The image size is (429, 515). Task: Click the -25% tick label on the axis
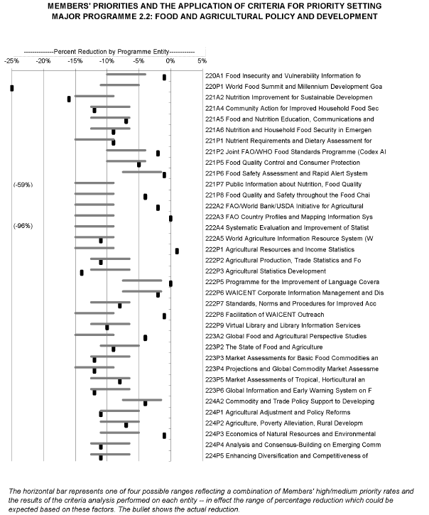click(11, 61)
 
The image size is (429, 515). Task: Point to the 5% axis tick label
click(202, 61)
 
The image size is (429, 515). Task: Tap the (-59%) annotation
click(23, 185)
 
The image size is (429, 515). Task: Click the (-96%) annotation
click(23, 226)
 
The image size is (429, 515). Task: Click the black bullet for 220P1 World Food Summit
click(12, 88)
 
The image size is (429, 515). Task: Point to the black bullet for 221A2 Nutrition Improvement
click(69, 99)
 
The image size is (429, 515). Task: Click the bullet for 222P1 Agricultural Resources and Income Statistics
click(177, 251)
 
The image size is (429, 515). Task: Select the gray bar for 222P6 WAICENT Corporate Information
click(142, 291)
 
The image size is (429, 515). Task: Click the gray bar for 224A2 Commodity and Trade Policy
click(142, 400)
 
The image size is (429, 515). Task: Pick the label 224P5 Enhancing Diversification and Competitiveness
click(286, 455)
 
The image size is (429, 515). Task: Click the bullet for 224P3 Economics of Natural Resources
click(164, 435)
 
